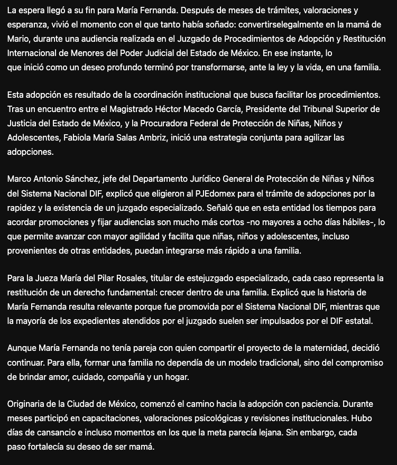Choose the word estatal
click(x=359, y=320)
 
